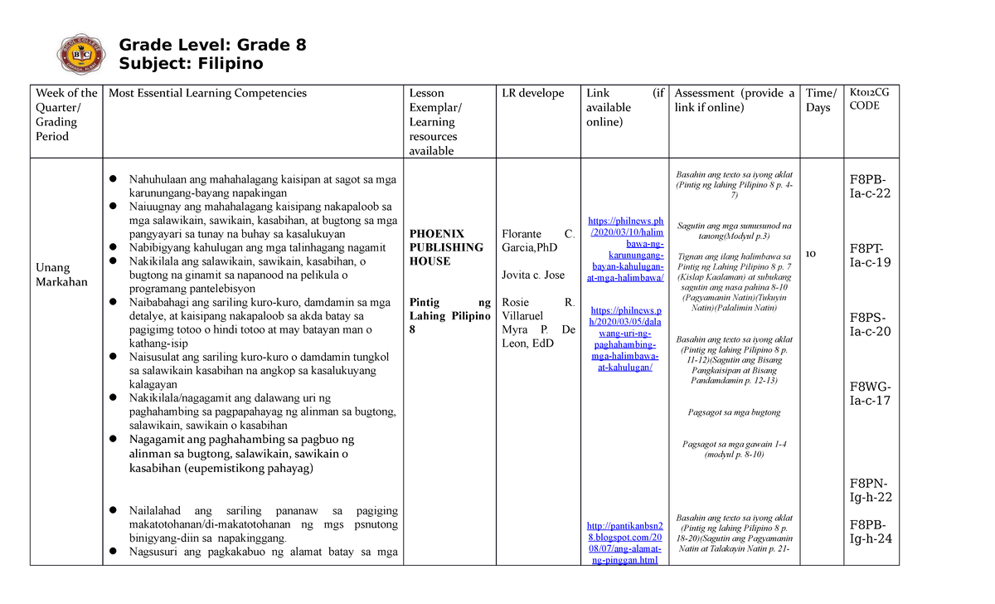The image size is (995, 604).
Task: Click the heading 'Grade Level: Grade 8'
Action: (x=213, y=46)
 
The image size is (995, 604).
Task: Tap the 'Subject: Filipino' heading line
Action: (x=191, y=64)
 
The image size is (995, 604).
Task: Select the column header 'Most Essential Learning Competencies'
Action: (x=207, y=94)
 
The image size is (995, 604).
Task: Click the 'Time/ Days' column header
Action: (x=822, y=100)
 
